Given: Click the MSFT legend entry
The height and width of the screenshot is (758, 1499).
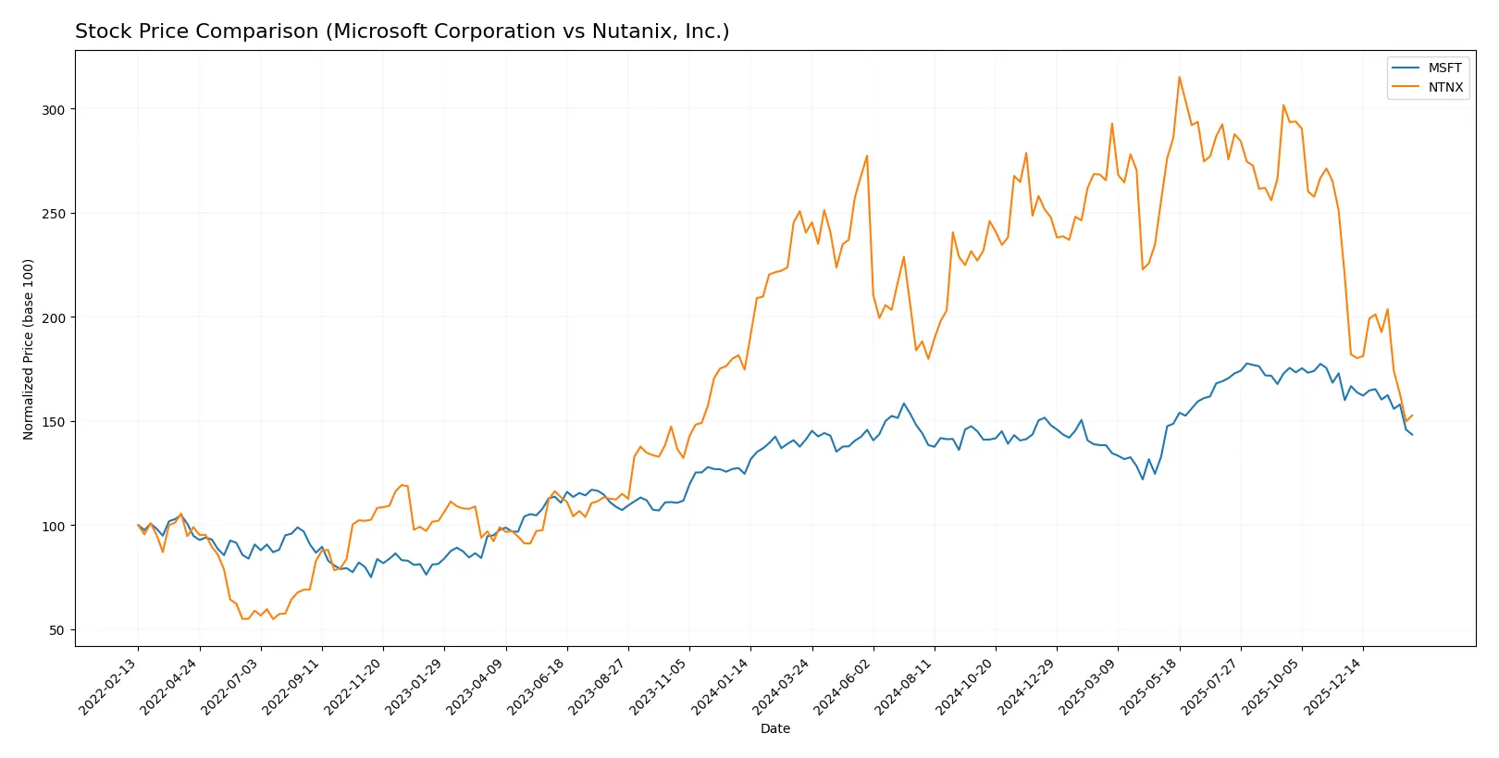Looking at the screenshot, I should coord(1443,68).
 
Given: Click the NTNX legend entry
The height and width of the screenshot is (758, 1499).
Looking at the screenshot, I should coord(1444,87).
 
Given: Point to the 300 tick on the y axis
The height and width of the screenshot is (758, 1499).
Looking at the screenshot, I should coord(53,109).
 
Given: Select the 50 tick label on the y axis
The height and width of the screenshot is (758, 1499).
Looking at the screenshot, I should coord(56,630).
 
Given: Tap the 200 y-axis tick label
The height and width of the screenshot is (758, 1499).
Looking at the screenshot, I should coord(53,317).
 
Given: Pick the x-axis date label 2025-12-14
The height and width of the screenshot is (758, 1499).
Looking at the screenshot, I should coord(1333,686).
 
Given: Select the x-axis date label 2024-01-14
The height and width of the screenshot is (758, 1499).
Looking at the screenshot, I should coord(721,686).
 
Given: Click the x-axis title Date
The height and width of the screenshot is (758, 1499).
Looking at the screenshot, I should coord(774,728).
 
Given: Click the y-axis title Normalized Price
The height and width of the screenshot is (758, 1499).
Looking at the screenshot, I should coord(29,349).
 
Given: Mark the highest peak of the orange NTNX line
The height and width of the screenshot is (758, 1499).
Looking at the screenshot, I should coord(1179,77).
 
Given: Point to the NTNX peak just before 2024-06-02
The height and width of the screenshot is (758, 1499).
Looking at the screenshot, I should coord(867,155).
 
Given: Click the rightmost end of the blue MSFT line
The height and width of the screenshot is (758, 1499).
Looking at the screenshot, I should coord(1412,435).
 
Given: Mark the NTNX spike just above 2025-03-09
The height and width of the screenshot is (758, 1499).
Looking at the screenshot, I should coord(1112,124).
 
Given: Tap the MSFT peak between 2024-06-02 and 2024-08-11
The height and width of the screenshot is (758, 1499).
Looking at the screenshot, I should coord(904,404).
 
